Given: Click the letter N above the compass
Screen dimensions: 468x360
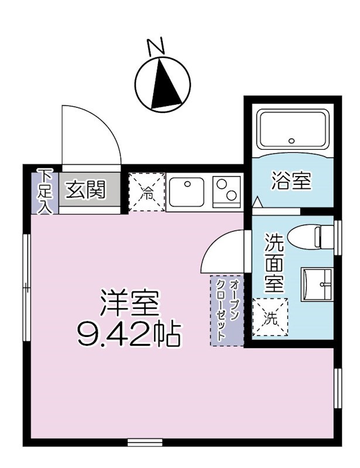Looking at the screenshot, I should [156, 47].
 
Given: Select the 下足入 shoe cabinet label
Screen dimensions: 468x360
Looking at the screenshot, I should [44, 191].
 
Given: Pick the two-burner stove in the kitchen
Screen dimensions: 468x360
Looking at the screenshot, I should [227, 191].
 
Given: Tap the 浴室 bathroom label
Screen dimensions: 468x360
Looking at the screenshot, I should [290, 181].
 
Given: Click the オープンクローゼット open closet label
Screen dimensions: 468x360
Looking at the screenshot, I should [228, 310].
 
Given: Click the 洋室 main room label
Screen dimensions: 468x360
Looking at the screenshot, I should [130, 302].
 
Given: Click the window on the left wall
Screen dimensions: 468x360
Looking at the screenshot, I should [26, 287].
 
